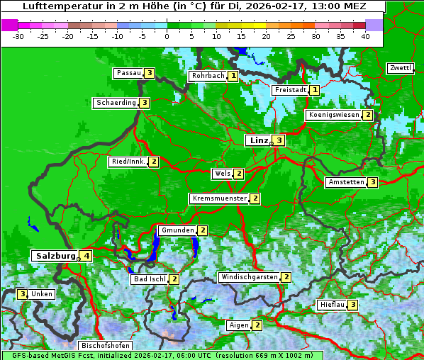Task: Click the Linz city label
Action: pos(259,140)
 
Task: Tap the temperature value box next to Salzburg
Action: pos(87,256)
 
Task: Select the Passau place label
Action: pos(128,73)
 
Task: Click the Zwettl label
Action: pos(401,68)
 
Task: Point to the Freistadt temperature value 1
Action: pos(314,90)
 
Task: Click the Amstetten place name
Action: pos(345,182)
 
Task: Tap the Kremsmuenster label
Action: pos(219,198)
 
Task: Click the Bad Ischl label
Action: pos(150,279)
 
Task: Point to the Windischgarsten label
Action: pos(249,277)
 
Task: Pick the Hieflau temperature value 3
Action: pos(352,305)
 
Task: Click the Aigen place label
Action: pos(238,325)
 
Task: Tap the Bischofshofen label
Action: pos(105,346)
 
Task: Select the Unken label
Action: pos(42,293)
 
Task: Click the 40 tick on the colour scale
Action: pos(365,36)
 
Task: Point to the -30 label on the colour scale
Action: pos(18,36)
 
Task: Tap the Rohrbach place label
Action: pos(208,76)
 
